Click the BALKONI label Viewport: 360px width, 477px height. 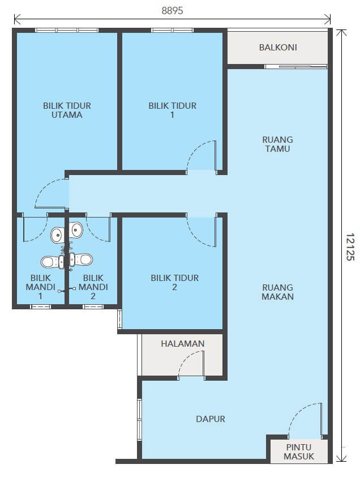point(278,48)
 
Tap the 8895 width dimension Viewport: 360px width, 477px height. point(173,11)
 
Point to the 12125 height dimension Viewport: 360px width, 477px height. point(350,246)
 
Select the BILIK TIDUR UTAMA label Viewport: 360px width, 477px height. point(67,110)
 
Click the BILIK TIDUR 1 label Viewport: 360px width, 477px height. point(173,110)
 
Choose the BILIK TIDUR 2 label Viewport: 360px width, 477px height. point(174,282)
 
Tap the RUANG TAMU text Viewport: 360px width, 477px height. point(277,144)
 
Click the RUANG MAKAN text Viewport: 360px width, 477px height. point(277,292)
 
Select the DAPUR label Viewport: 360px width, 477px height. point(211,419)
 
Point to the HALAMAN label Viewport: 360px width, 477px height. point(182,344)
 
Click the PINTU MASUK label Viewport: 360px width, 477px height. point(299,452)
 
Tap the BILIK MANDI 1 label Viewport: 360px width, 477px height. point(40,287)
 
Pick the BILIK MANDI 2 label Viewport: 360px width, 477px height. point(93,287)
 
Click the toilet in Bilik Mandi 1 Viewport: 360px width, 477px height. point(52,262)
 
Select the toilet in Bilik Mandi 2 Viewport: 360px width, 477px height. point(81,259)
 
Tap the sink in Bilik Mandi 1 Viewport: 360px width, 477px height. point(58,235)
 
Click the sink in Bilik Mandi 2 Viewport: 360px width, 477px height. point(76,229)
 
